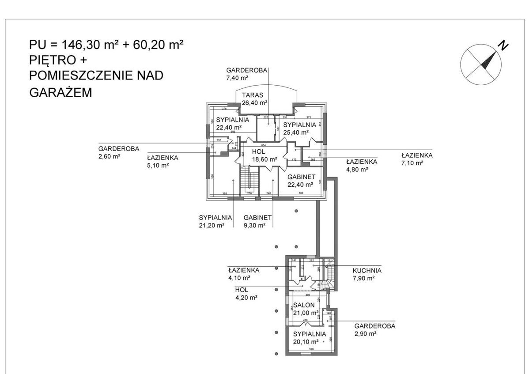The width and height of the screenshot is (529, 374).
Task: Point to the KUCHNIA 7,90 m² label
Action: (x=367, y=274)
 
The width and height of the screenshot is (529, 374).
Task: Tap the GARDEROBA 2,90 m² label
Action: (x=375, y=330)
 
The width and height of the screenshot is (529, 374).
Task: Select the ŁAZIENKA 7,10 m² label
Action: (x=417, y=159)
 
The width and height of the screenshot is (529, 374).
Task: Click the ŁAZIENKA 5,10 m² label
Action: (x=162, y=161)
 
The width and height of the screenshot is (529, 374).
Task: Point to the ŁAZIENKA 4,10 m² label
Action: (x=243, y=274)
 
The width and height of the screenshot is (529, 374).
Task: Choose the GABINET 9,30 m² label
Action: (x=257, y=221)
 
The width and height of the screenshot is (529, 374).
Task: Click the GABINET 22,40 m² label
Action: (x=302, y=180)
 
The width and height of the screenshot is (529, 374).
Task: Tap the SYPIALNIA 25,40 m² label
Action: (x=300, y=128)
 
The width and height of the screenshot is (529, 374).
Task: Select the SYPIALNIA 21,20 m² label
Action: (x=215, y=221)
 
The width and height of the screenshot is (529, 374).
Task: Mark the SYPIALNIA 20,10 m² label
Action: (x=309, y=337)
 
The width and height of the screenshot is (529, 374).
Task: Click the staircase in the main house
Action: (x=250, y=180)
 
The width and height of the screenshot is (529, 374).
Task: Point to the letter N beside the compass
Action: (x=503, y=44)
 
